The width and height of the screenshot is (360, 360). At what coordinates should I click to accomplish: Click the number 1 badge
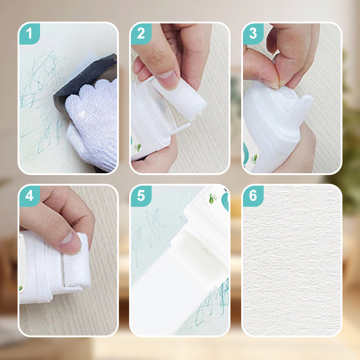(x=29, y=33)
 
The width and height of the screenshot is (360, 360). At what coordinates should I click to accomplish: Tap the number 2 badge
(x=141, y=33)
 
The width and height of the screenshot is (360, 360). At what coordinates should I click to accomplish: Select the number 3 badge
(x=253, y=33)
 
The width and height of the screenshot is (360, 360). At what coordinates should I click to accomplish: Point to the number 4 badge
(x=29, y=196)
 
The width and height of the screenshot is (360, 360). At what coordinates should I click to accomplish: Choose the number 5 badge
(x=141, y=196)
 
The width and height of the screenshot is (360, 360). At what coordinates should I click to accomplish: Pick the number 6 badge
(x=253, y=196)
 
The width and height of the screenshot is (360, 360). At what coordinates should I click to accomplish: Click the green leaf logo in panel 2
(x=138, y=147)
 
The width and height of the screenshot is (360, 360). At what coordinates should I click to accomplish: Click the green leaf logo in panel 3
(x=254, y=159)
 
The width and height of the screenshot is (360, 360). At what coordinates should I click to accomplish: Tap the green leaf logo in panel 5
(x=212, y=198)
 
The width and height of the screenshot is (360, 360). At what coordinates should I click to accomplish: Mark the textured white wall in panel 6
(x=292, y=261)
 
